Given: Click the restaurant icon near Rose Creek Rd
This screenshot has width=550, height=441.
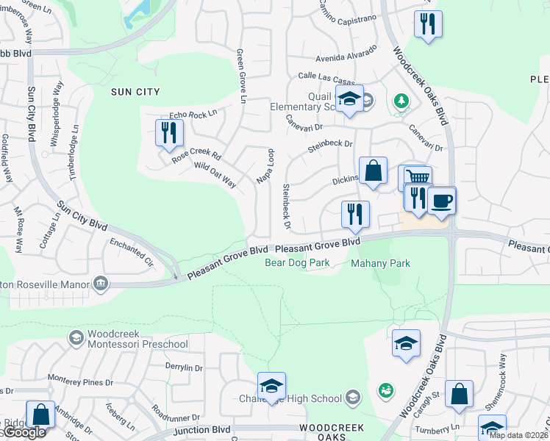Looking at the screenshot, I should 169,132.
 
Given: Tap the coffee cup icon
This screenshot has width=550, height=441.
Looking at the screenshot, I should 441,200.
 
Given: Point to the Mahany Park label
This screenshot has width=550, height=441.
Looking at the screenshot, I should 380,263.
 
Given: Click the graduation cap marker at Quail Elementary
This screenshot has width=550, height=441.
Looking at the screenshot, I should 349,99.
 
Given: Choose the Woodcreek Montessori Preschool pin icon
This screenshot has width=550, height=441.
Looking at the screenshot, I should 75,337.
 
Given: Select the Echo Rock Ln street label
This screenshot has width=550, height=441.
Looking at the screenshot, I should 193,114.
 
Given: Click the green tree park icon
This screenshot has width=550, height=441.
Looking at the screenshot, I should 401,100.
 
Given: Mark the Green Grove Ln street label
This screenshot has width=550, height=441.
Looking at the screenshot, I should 240,76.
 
